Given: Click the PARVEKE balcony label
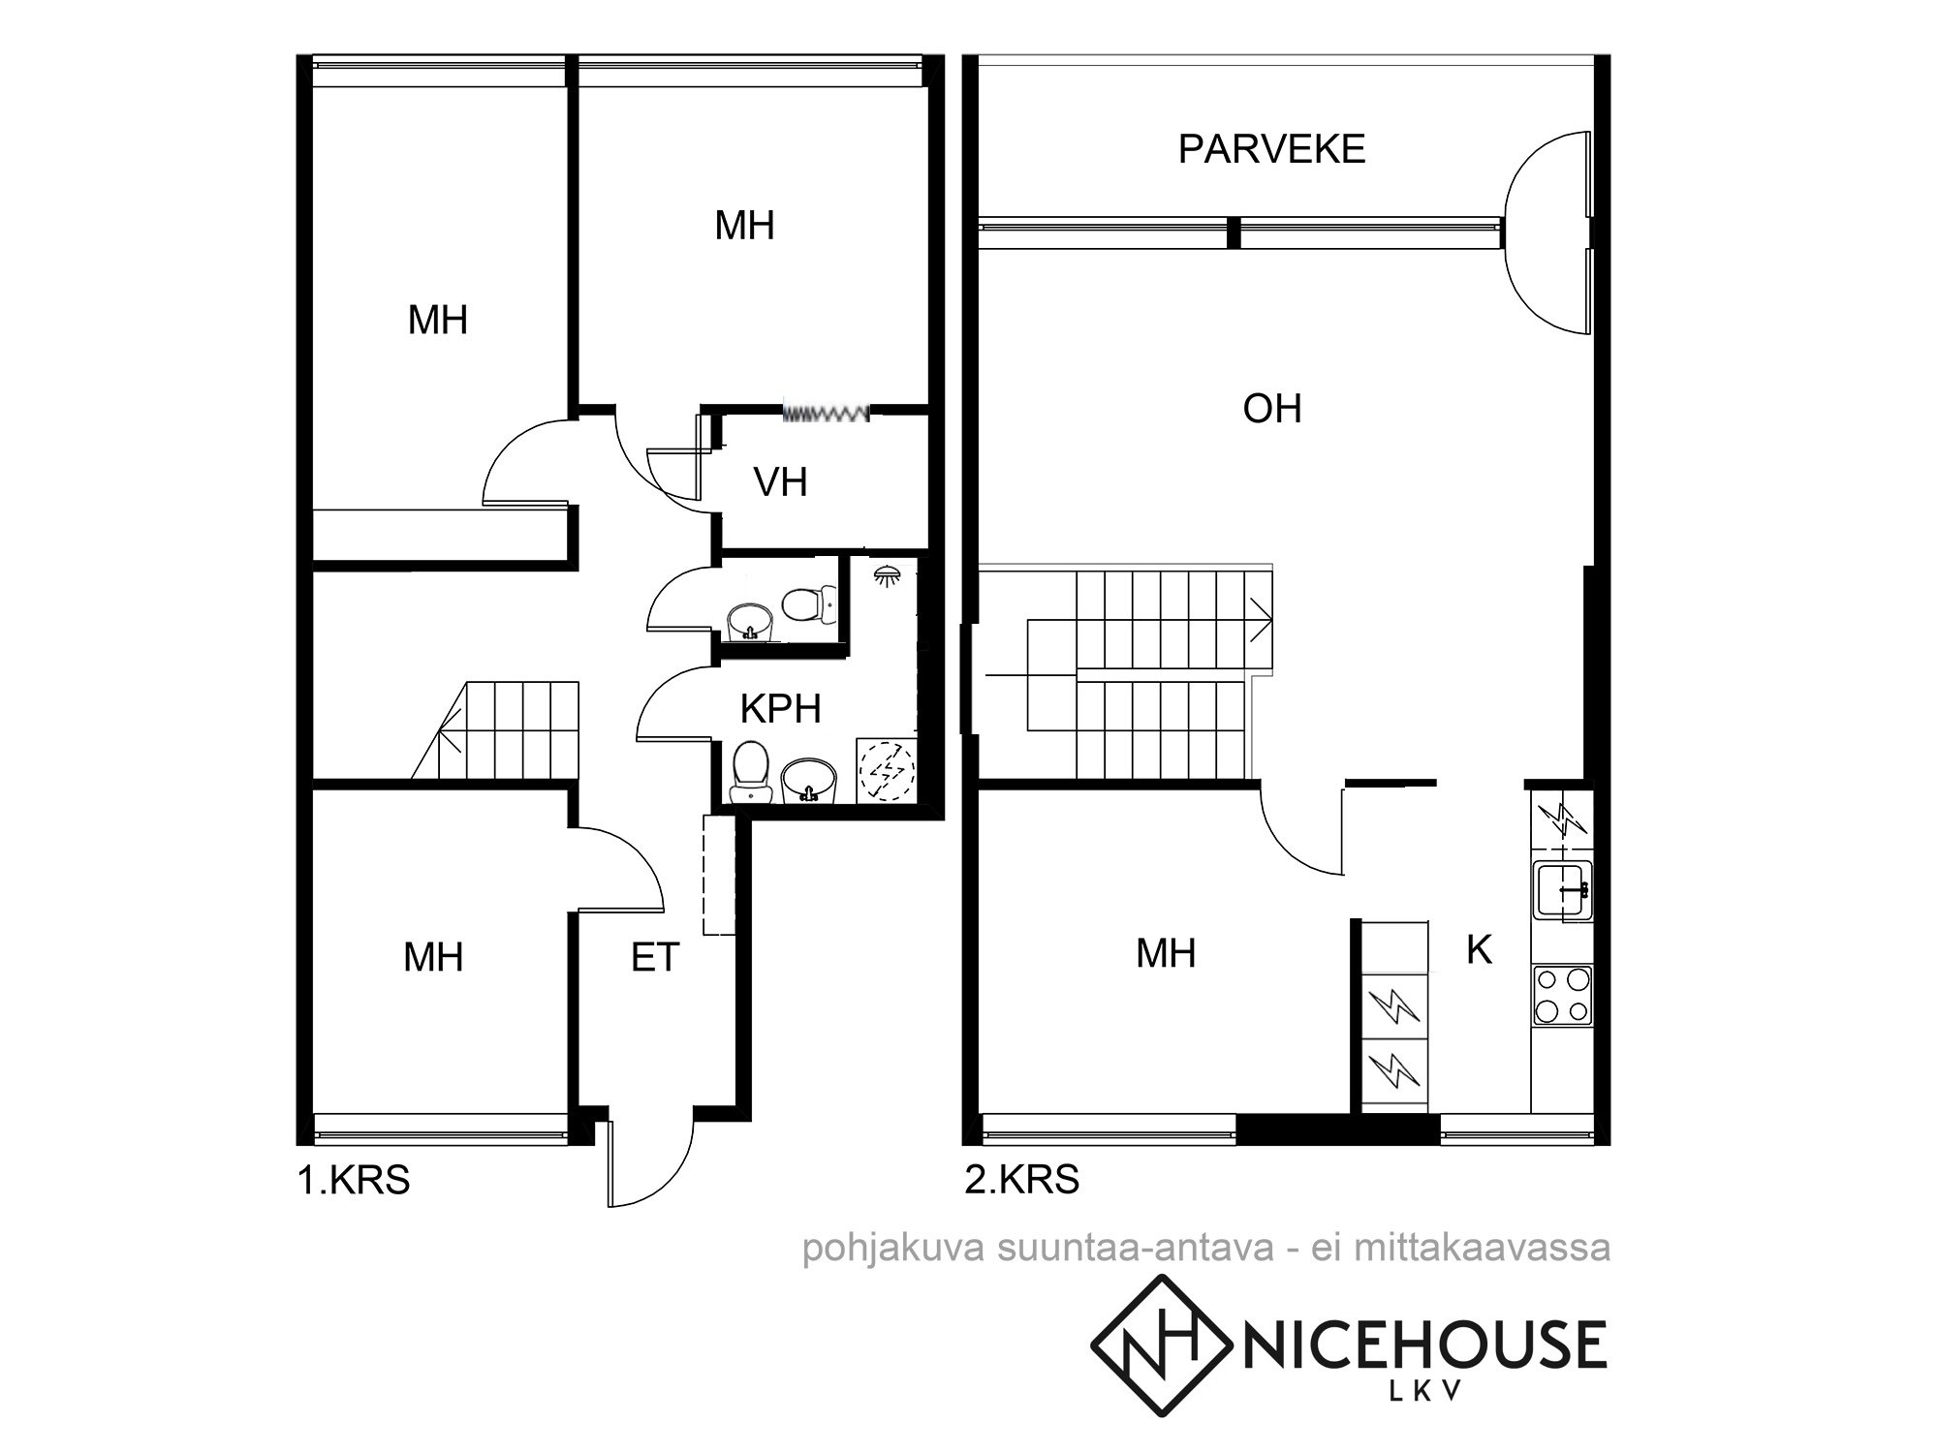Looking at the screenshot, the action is coord(1271,149).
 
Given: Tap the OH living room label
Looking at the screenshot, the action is coord(1271,409).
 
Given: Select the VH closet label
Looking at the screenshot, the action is coord(780,481).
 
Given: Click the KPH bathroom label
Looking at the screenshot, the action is coord(780,708).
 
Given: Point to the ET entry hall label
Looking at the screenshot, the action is coord(655,957).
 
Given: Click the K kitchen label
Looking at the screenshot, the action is coord(1479,950).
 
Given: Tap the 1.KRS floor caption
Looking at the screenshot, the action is coord(354,1181).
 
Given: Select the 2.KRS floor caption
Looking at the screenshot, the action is coord(1022,1180).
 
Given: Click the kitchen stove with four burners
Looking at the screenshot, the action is coord(1562,995).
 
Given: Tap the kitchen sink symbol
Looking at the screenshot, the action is coord(1562,888).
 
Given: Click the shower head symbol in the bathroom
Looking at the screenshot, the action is coord(885,575).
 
